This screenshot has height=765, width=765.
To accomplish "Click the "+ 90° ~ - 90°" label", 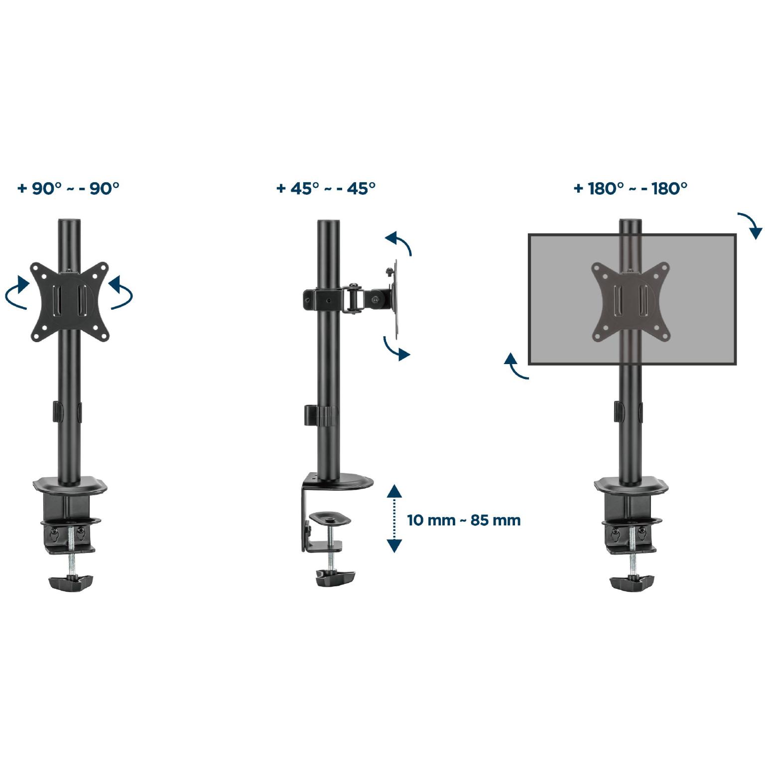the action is click(x=69, y=189).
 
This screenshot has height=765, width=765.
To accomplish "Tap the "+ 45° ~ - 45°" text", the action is click(x=326, y=189).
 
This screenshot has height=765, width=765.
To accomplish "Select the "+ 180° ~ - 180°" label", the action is click(x=631, y=189).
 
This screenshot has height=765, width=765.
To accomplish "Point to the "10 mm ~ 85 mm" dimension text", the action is click(x=464, y=520).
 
